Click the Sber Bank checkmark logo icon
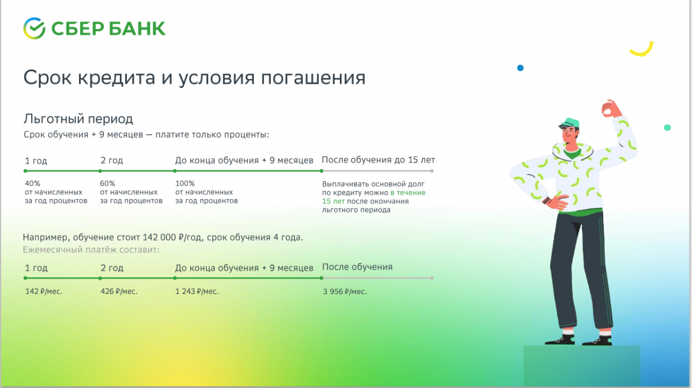click(34, 28)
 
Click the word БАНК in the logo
click(137, 29)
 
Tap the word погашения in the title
click(313, 78)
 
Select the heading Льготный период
click(78, 119)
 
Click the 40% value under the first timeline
click(32, 184)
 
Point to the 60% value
click(107, 184)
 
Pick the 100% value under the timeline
click(185, 184)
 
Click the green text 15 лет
click(333, 201)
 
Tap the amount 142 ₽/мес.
click(44, 292)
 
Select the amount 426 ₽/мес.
click(119, 292)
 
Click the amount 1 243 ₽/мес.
click(197, 292)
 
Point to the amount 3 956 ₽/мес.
click(345, 292)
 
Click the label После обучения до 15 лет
click(378, 160)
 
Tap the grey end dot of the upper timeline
click(432, 171)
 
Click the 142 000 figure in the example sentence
click(159, 237)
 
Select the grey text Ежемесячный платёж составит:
click(91, 249)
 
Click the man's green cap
click(569, 123)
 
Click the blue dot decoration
click(520, 68)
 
